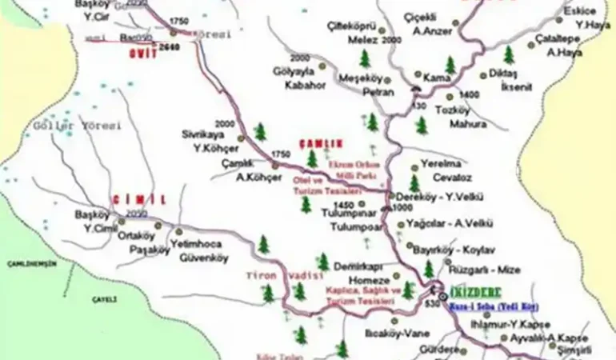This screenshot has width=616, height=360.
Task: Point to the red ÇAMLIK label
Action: click(x=320, y=143)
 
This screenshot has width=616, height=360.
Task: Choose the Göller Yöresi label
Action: click(x=77, y=126)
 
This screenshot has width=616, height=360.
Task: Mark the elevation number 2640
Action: click(x=170, y=48)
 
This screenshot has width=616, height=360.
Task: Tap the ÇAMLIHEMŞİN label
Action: click(x=28, y=263)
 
